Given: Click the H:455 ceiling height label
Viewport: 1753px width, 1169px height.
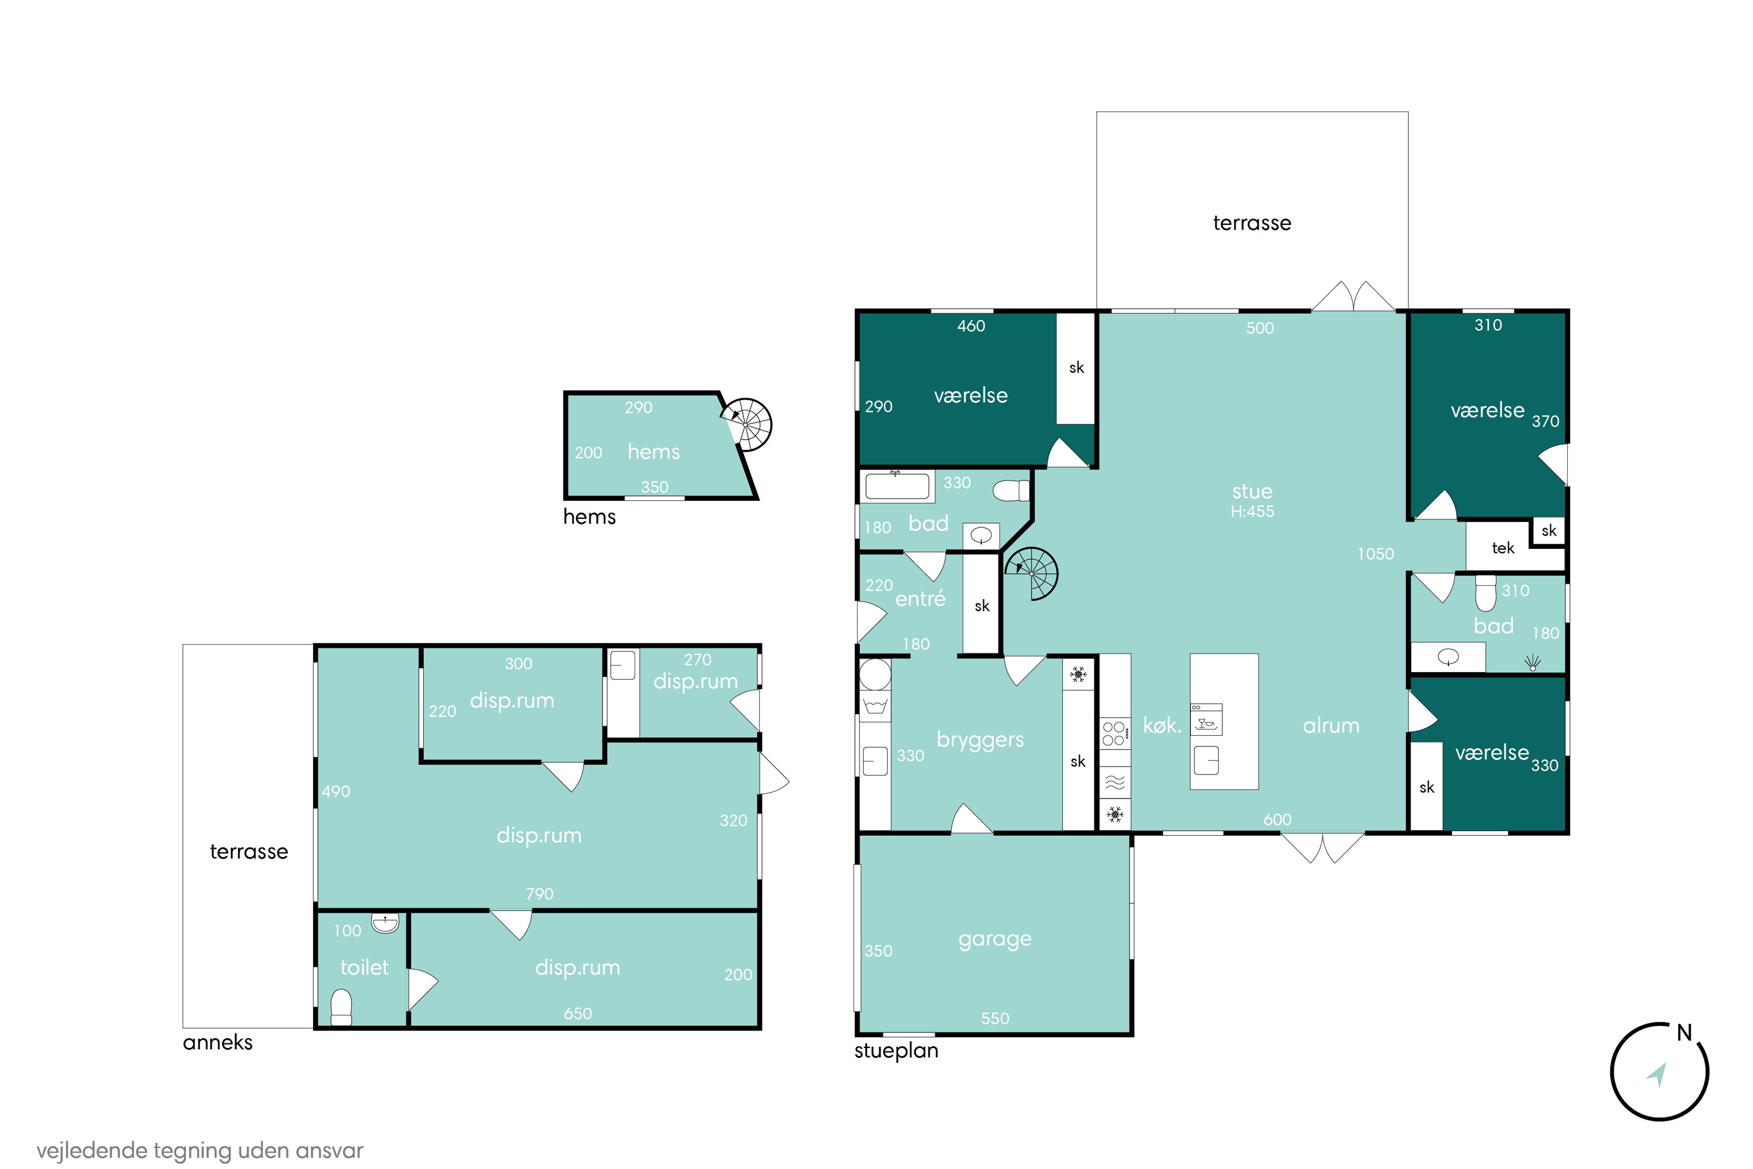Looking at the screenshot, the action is (1252, 511).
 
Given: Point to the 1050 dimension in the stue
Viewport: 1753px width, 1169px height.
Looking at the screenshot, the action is (1375, 554).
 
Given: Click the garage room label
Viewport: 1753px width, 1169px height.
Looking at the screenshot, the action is (995, 939).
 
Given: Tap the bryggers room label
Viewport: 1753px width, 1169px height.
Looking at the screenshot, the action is (980, 739).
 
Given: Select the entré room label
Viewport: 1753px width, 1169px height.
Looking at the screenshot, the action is (920, 598).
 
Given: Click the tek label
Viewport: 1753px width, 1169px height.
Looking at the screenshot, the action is (1502, 548).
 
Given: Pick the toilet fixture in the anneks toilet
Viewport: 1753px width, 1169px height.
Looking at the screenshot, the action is (341, 1007).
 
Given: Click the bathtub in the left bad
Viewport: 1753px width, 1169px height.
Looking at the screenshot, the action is (896, 486).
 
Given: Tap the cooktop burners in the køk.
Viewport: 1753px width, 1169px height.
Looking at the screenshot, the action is (1114, 732).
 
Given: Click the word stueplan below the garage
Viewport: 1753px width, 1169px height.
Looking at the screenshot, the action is (896, 1051).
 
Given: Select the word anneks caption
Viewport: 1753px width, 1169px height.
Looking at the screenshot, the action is (217, 1042).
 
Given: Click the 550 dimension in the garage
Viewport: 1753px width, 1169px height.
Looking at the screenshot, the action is (995, 1018).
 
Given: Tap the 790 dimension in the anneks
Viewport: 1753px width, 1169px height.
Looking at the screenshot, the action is (539, 894).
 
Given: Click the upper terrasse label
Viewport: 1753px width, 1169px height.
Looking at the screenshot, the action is (1252, 223).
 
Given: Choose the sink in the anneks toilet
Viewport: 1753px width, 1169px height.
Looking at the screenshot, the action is (385, 923).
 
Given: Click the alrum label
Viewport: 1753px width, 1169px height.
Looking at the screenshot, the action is (1331, 725).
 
